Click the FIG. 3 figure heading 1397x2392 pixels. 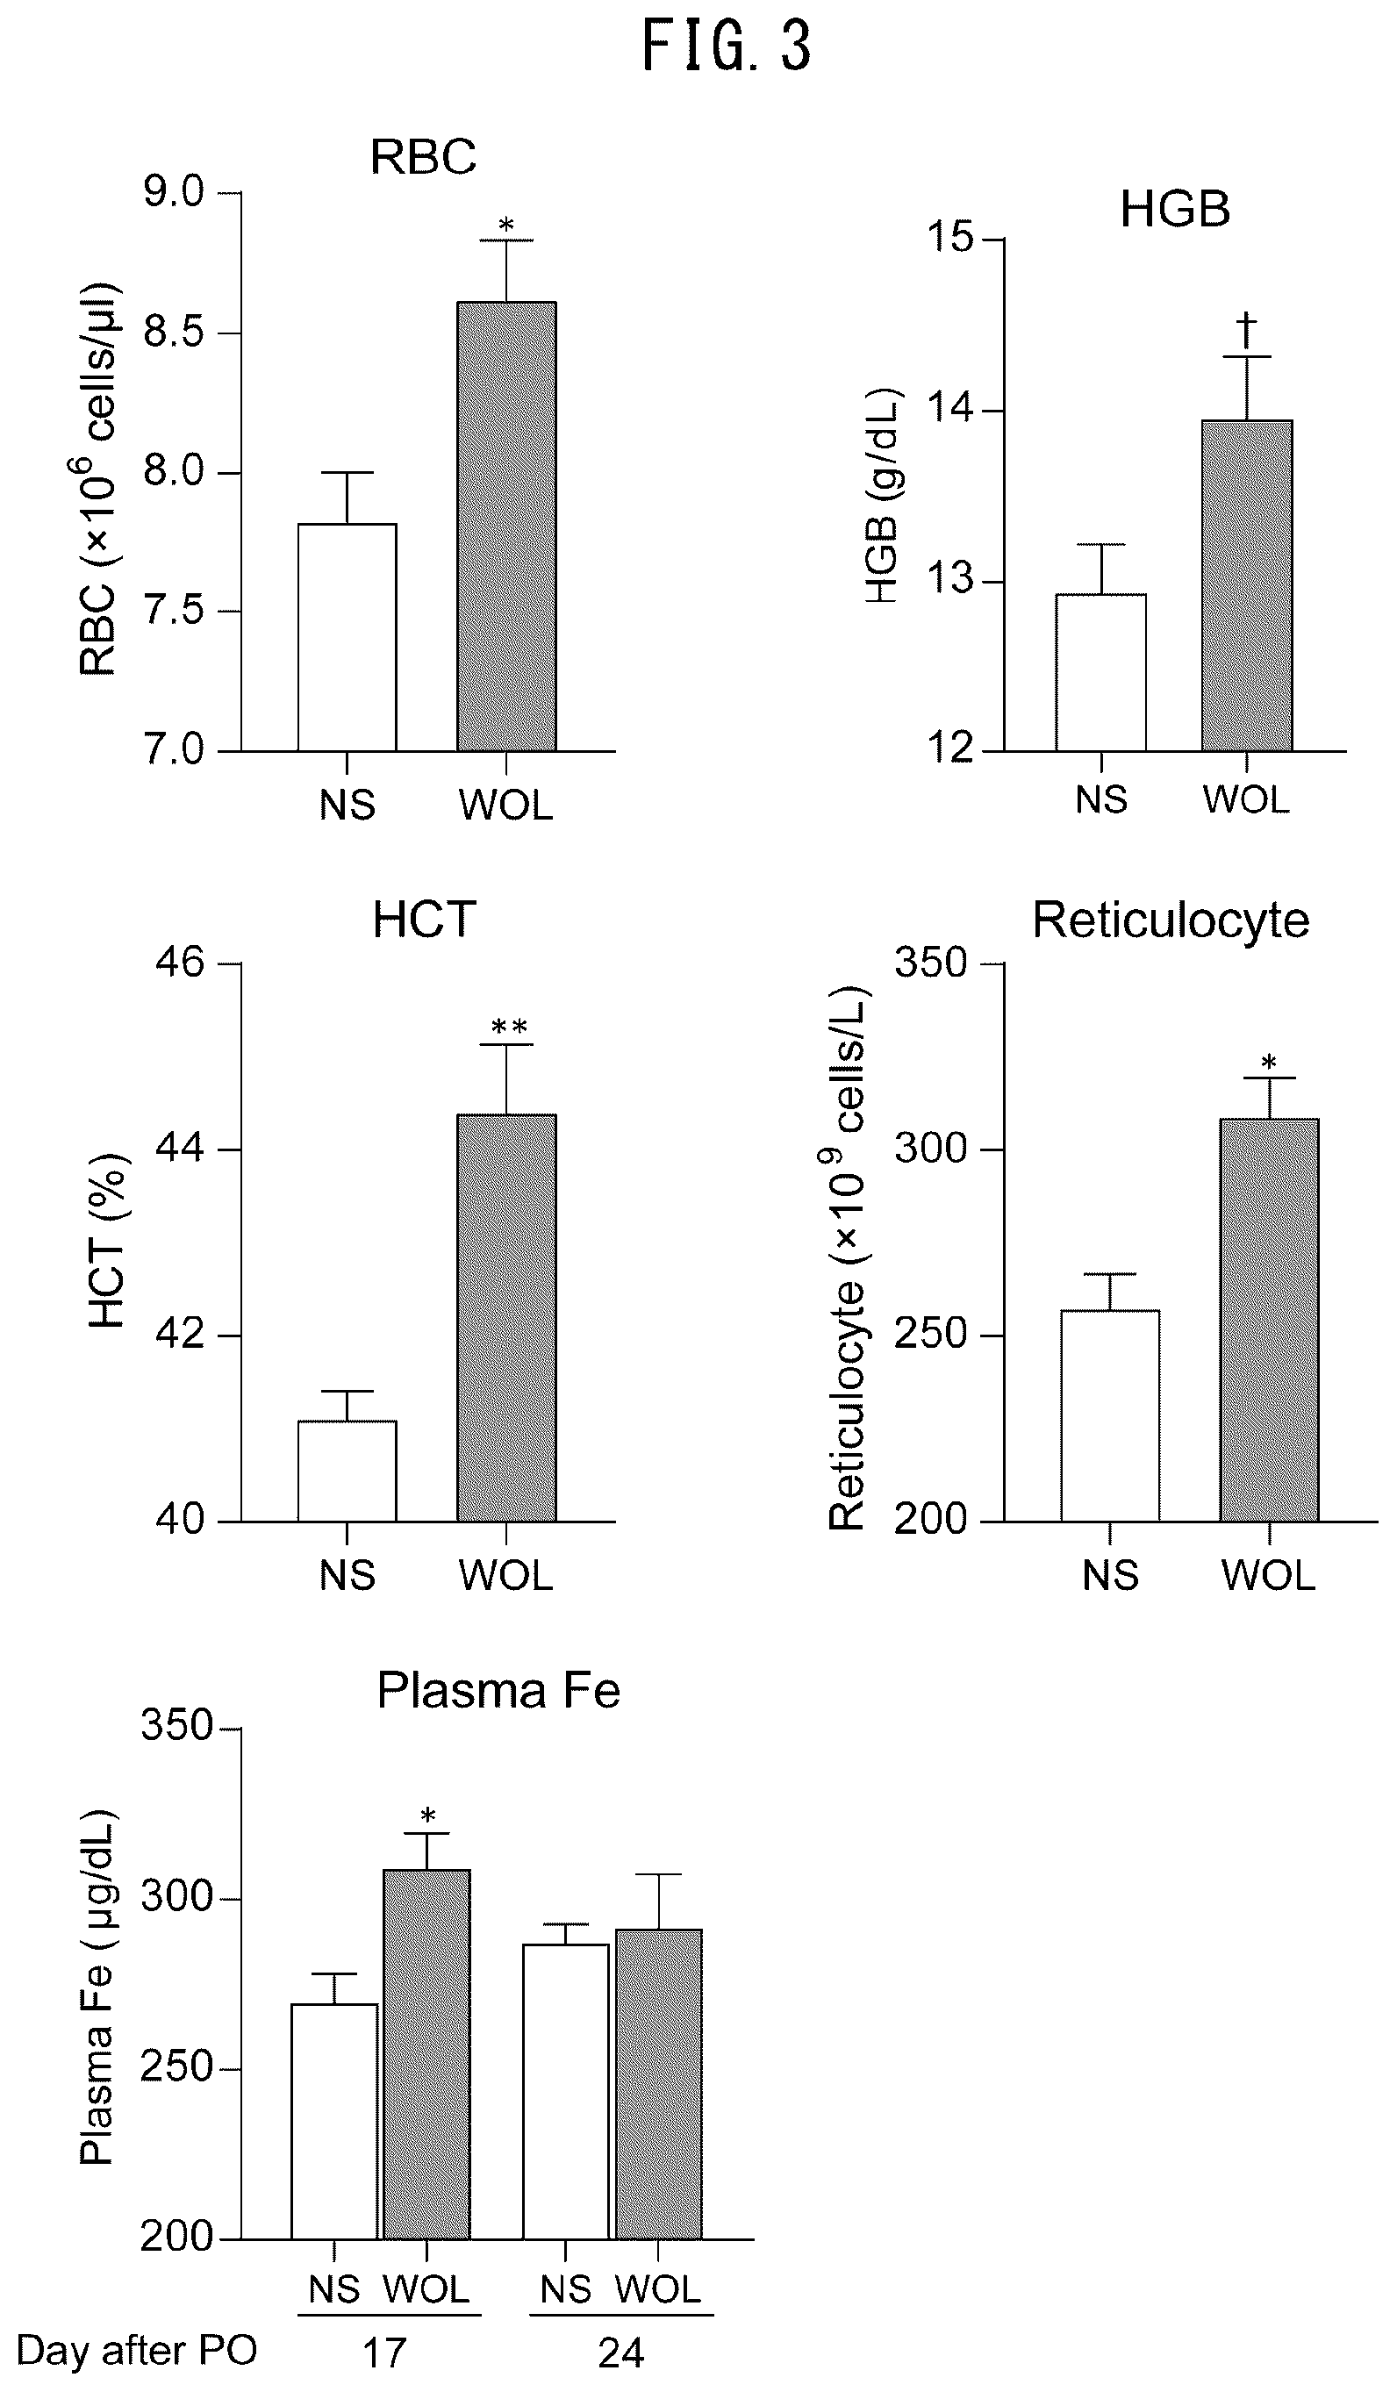point(727,47)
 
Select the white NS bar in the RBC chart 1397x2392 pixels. point(347,637)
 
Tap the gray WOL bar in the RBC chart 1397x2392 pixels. point(507,526)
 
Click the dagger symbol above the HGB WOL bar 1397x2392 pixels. point(1246,330)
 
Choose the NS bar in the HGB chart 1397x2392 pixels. point(1101,672)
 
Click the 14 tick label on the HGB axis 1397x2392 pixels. point(951,409)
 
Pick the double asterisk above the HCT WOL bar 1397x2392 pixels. point(509,1027)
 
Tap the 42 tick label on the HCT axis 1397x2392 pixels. point(180,1335)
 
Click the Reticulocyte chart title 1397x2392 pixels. point(1171,920)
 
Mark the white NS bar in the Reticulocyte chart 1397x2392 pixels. point(1110,1415)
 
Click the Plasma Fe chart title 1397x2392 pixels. point(498,1691)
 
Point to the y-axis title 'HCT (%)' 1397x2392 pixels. point(106,1241)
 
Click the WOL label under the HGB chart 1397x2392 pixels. point(1246,799)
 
